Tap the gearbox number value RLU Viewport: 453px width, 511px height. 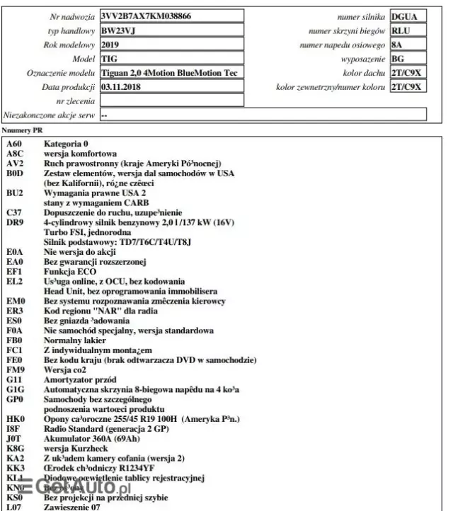401,30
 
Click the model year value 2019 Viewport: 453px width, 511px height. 110,45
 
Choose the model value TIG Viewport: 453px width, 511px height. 108,59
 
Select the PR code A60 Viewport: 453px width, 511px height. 14,144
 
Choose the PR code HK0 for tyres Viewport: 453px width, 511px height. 14,418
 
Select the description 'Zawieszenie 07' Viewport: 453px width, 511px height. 72,507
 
